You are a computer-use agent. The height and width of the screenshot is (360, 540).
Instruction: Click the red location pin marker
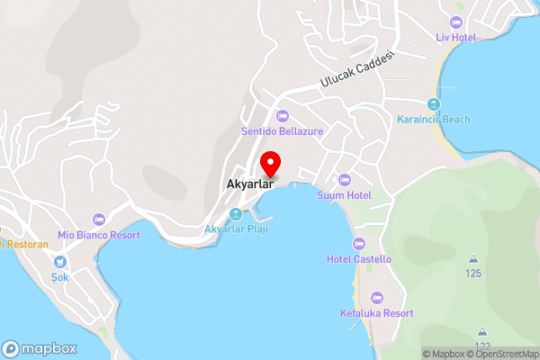[270, 164]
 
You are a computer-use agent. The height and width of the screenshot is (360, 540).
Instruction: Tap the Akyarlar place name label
[249, 187]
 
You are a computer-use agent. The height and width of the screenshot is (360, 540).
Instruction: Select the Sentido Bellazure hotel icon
[282, 115]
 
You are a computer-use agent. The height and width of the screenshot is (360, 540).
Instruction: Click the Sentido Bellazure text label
[282, 131]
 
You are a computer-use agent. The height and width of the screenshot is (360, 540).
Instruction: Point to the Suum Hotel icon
[344, 179]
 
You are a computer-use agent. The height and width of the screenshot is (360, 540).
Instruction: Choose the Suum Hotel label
[344, 195]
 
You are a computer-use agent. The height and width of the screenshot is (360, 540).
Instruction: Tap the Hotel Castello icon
[359, 243]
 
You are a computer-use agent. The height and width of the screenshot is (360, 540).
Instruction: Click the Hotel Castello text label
[359, 259]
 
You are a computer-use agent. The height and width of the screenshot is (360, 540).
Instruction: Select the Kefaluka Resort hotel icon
[377, 297]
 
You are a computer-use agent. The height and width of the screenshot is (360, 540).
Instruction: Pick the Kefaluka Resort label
[377, 313]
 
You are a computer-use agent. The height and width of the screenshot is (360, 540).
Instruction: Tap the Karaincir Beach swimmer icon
[434, 103]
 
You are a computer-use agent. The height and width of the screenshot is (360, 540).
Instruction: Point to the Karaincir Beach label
[434, 120]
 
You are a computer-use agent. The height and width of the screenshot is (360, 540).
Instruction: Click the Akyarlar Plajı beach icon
[236, 214]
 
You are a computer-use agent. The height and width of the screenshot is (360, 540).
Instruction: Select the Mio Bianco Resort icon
[99, 219]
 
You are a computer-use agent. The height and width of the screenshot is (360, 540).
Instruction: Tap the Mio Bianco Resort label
[99, 235]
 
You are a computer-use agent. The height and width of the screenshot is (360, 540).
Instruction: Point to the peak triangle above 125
[472, 259]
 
